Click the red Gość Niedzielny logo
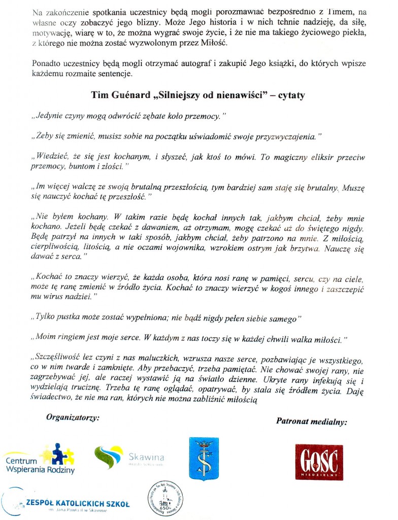pyautogui.click(x=319, y=461)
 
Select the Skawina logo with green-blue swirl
pyautogui.click(x=128, y=457)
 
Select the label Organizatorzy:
pyautogui.click(x=73, y=417)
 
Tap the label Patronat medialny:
pyautogui.click(x=312, y=421)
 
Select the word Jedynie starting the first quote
pyautogui.click(x=49, y=116)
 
